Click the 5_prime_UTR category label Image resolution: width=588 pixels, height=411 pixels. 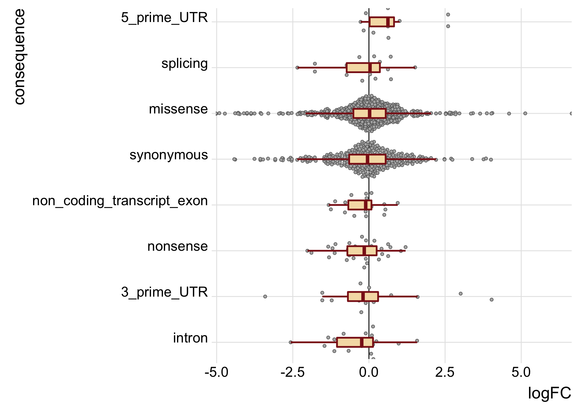click(x=164, y=18)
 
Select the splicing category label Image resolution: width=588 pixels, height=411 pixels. click(x=184, y=64)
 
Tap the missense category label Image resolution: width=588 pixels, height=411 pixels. click(x=178, y=109)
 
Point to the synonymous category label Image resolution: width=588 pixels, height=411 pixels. click(x=168, y=155)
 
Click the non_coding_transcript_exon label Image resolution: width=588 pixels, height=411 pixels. click(x=120, y=201)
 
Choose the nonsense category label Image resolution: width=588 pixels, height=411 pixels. click(x=177, y=246)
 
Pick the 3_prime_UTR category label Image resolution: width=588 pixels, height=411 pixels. click(x=164, y=292)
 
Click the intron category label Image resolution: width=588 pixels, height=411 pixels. click(x=190, y=338)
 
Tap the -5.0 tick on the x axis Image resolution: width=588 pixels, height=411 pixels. click(x=216, y=372)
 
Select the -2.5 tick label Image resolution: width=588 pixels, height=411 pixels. click(x=292, y=372)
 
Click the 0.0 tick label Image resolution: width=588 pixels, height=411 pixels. click(x=369, y=372)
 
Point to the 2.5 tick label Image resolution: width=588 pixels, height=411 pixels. click(x=445, y=372)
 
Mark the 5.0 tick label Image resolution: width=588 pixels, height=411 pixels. click(x=521, y=372)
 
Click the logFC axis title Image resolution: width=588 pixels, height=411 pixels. click(x=549, y=393)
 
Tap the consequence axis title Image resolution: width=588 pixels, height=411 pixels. click(x=20, y=57)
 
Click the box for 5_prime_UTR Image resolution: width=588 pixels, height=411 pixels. click(x=381, y=22)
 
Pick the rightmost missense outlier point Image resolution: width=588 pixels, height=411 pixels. click(x=571, y=113)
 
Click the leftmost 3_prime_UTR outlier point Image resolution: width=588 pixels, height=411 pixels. click(x=265, y=297)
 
